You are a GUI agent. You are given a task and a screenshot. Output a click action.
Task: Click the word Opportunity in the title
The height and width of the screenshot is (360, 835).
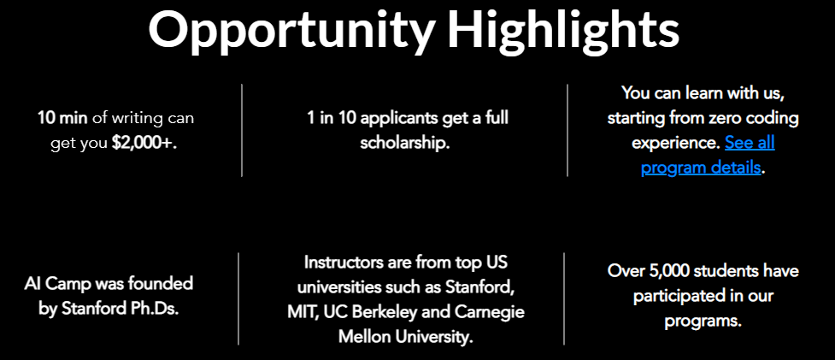coord(291,29)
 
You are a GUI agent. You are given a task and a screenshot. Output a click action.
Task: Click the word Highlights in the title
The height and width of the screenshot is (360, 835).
coord(563,29)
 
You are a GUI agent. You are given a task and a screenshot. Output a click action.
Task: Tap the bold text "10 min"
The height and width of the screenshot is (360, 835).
coord(62,118)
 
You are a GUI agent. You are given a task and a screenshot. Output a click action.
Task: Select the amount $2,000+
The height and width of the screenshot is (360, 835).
coord(144,143)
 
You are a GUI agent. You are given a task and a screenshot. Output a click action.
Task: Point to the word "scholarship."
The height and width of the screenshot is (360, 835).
coord(405,143)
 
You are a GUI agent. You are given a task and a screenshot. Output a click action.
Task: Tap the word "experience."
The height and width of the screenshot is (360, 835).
coord(676,144)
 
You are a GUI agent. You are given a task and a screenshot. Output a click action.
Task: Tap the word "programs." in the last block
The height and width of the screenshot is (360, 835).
coord(703,322)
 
